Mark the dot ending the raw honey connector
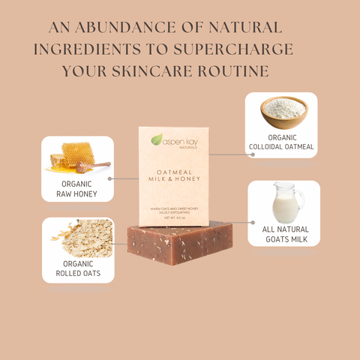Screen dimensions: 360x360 click(x=111, y=178)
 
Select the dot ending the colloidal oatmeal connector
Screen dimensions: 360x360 click(x=253, y=154)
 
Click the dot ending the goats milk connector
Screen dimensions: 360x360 click(x=250, y=223)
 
